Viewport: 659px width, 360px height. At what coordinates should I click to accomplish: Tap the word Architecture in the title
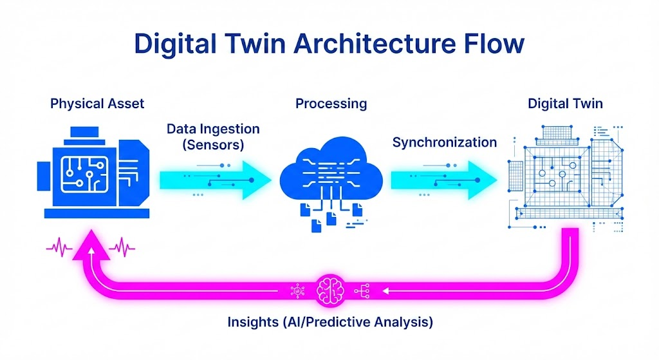(373, 44)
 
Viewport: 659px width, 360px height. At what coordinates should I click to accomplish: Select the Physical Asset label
(97, 103)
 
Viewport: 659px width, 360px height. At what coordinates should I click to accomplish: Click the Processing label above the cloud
(331, 103)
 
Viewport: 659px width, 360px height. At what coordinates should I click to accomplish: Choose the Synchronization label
(444, 142)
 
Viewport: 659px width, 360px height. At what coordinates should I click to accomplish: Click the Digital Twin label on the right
(565, 103)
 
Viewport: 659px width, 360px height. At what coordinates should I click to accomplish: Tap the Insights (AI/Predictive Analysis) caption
(330, 321)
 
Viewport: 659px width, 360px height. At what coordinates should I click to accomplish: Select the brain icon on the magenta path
(330, 291)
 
